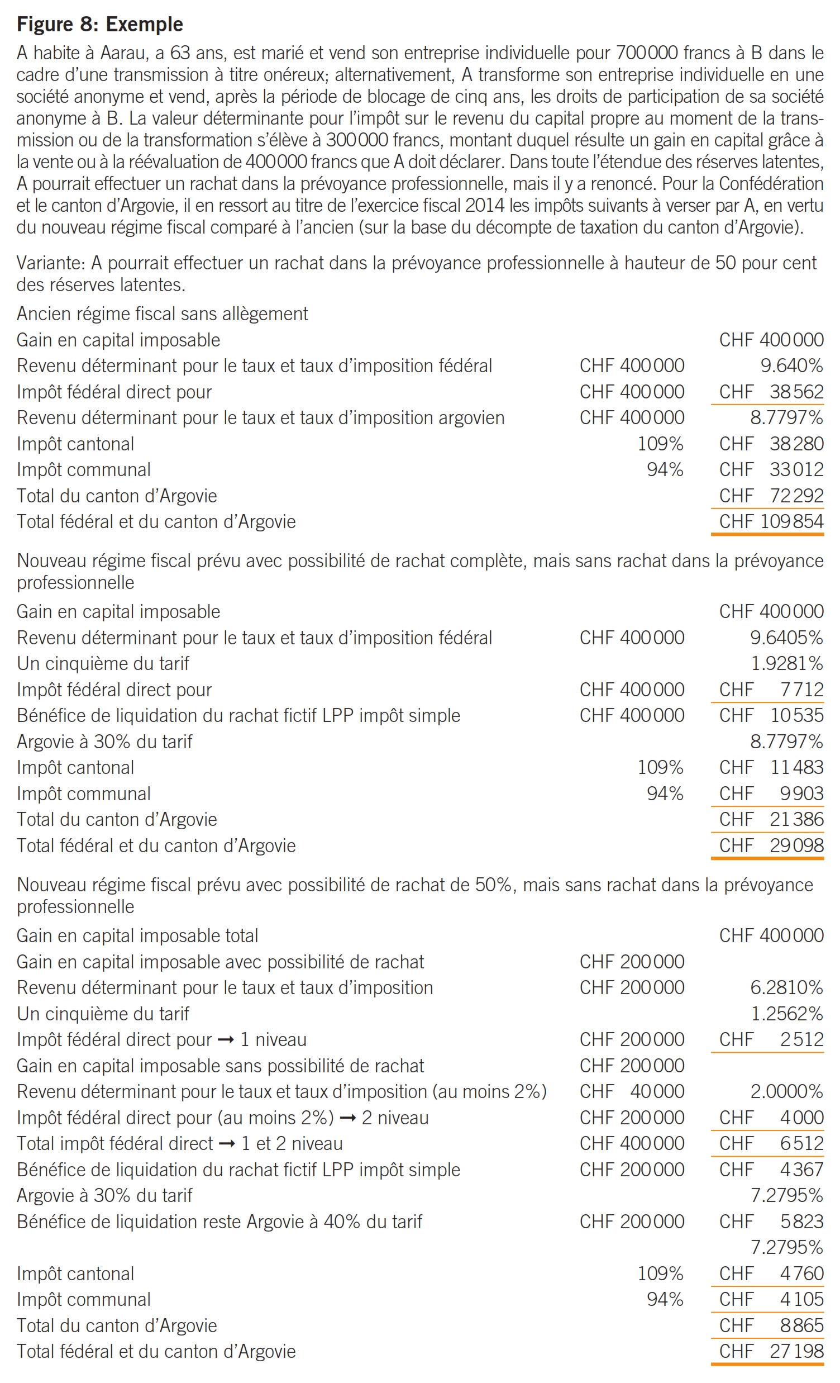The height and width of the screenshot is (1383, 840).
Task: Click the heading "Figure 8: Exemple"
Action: (100, 24)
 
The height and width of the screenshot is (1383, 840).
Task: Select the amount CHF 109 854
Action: (771, 521)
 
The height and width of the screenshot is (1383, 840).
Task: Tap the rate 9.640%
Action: (791, 365)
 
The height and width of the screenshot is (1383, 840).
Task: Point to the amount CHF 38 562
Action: (771, 392)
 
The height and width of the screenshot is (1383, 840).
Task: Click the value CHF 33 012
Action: (771, 470)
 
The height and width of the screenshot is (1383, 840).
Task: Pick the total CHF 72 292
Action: (771, 496)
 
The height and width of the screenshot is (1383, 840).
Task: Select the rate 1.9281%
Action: (787, 663)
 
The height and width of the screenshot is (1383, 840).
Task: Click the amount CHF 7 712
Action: (771, 689)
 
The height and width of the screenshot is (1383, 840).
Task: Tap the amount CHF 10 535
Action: (771, 715)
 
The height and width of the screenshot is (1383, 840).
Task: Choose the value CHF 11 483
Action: (771, 767)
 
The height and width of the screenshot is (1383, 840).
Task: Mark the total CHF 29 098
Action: (771, 845)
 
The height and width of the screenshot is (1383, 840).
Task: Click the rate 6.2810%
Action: (787, 987)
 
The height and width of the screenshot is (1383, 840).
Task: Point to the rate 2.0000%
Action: (787, 1091)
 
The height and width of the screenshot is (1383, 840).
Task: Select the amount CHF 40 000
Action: (632, 1091)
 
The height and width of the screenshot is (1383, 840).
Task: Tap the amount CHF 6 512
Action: (771, 1143)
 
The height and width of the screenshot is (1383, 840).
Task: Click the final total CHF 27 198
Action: (771, 1351)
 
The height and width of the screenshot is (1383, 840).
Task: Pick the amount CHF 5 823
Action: (771, 1222)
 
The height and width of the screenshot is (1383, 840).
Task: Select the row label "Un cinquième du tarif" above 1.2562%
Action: (103, 1014)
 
